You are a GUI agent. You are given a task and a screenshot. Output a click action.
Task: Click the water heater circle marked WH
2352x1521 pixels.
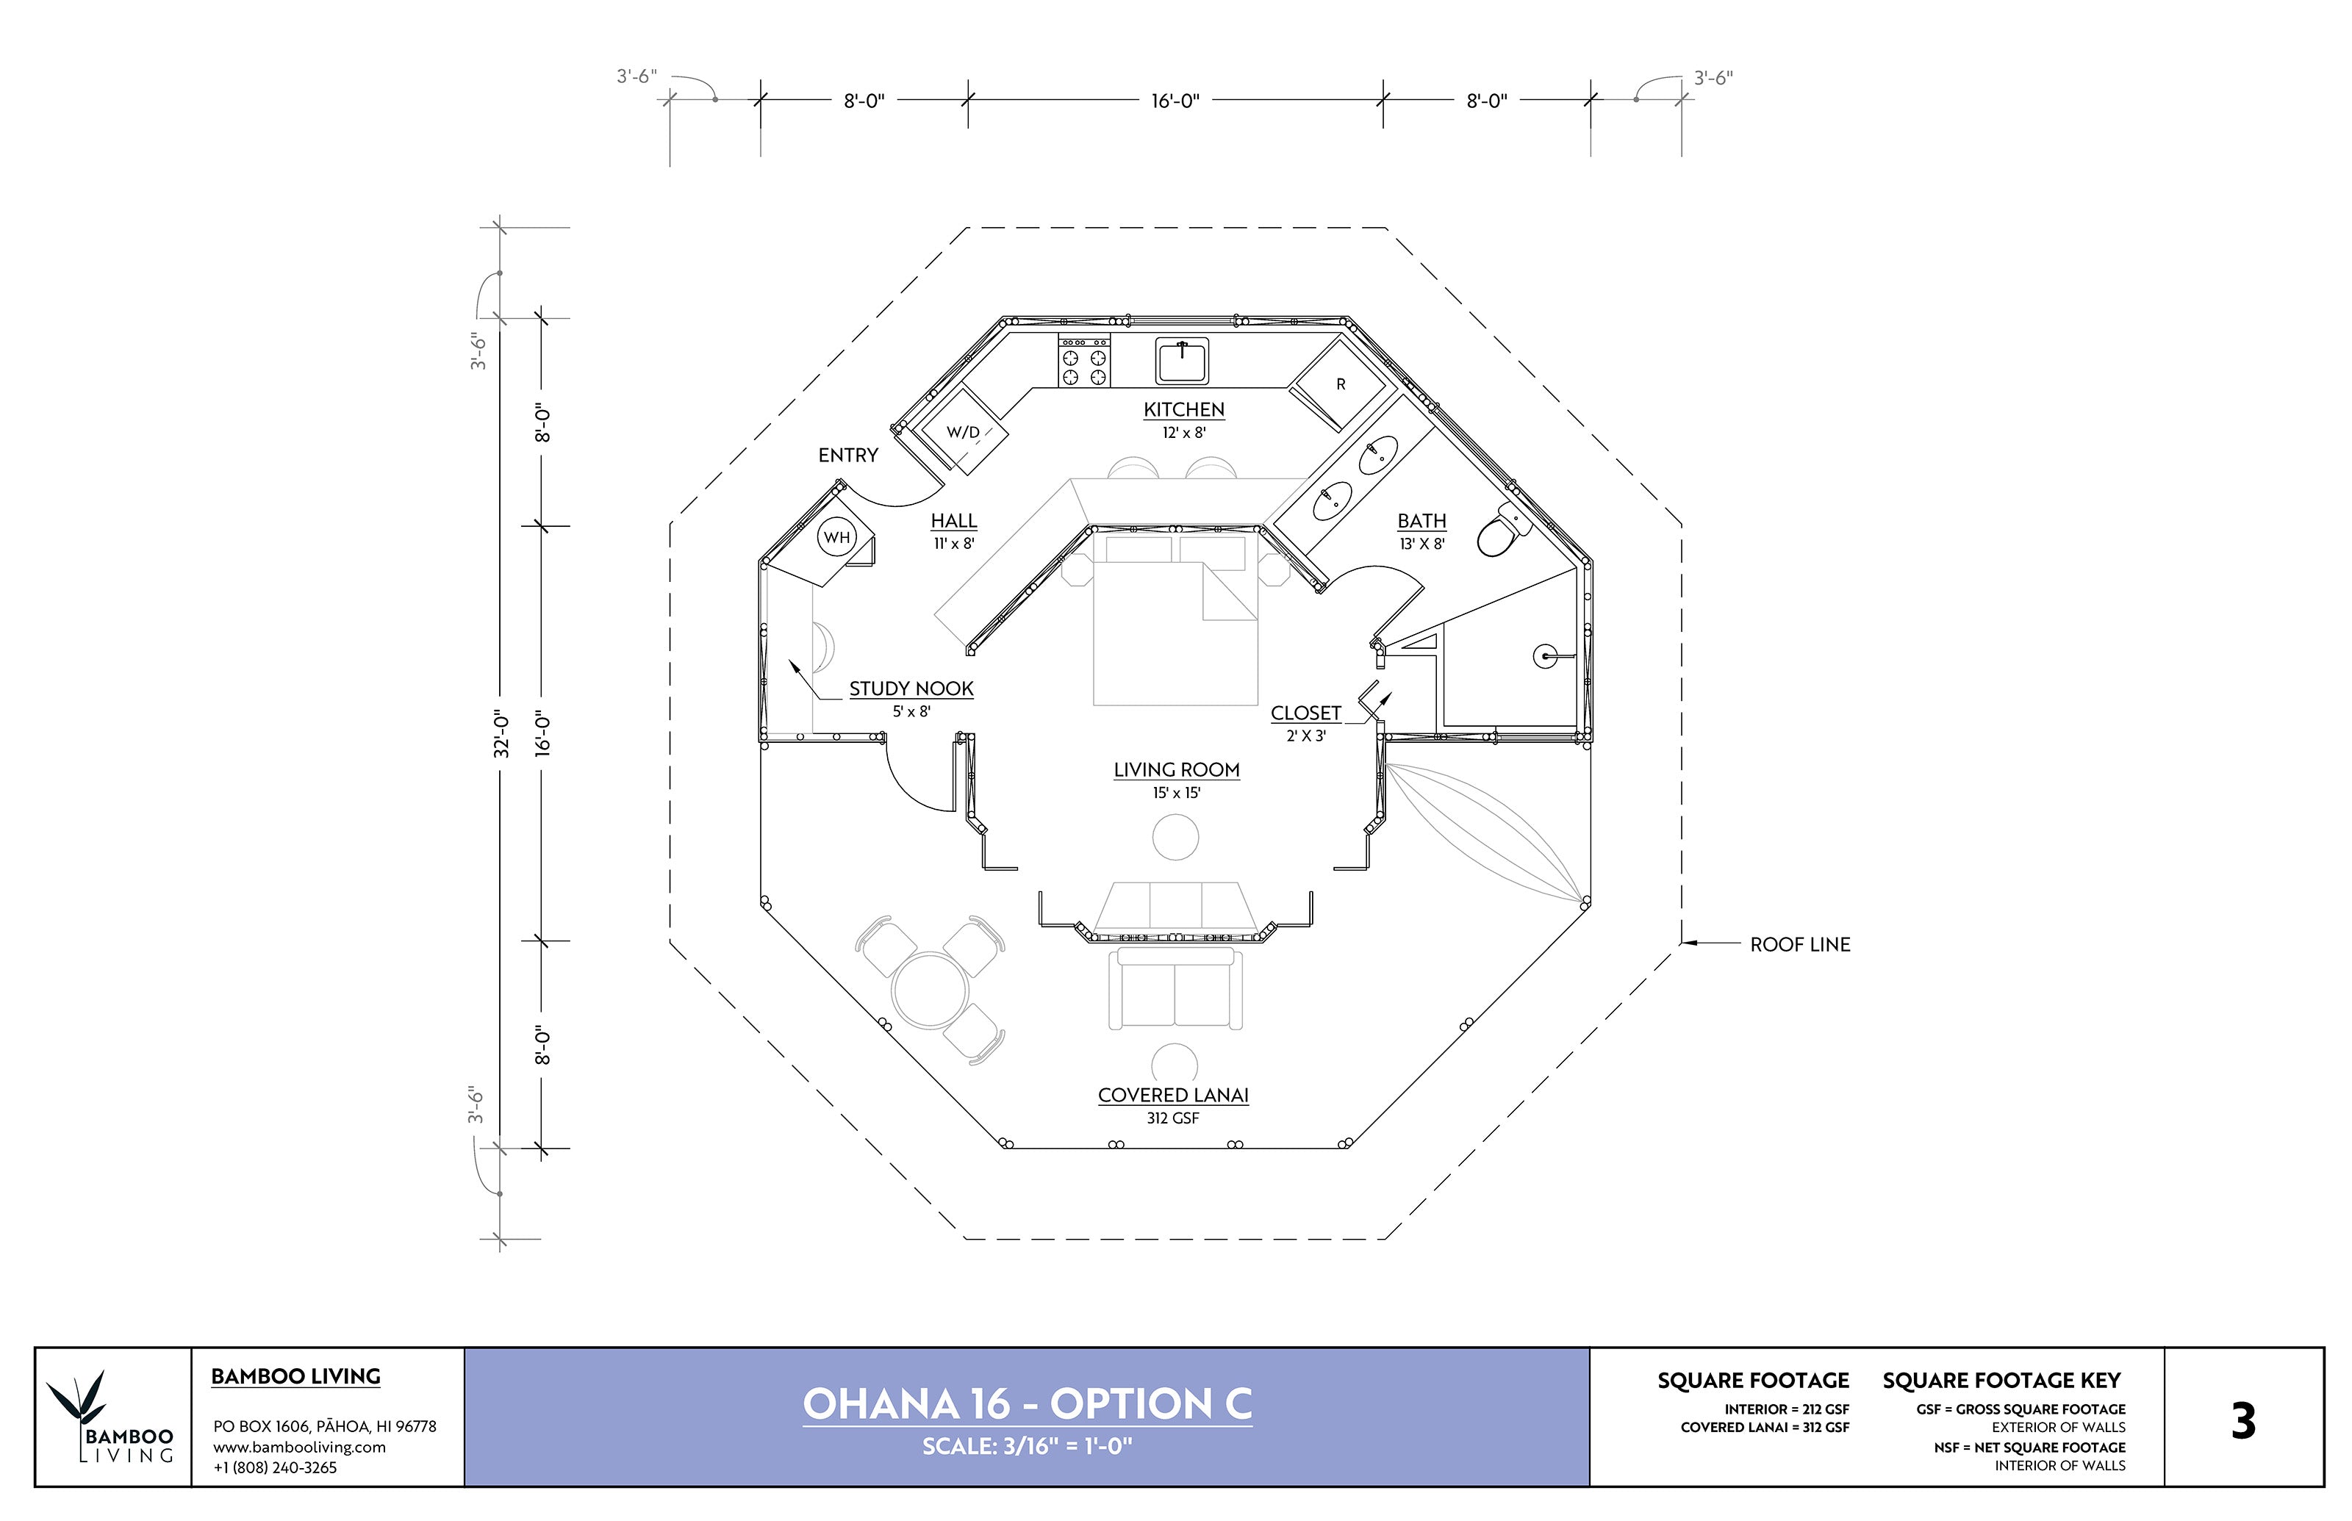(x=836, y=537)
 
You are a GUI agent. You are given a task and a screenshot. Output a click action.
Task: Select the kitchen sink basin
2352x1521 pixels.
(x=1181, y=362)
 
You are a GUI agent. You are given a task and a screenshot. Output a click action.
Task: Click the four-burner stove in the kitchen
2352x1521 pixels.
(x=1083, y=362)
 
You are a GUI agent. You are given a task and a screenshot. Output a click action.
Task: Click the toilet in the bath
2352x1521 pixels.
(x=1500, y=533)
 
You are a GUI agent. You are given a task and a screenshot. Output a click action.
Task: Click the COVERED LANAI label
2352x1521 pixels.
(x=1172, y=1096)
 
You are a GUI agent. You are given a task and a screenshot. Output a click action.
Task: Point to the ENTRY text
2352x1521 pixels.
(x=847, y=456)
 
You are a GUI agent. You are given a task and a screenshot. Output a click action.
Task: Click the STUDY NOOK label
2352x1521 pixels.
(x=911, y=689)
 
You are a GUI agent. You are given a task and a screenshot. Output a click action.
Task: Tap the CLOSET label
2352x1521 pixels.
(x=1305, y=713)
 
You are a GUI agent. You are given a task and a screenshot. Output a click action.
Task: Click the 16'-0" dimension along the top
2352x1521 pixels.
(x=1175, y=101)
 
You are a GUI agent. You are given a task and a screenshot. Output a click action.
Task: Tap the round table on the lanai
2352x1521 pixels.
(x=930, y=990)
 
